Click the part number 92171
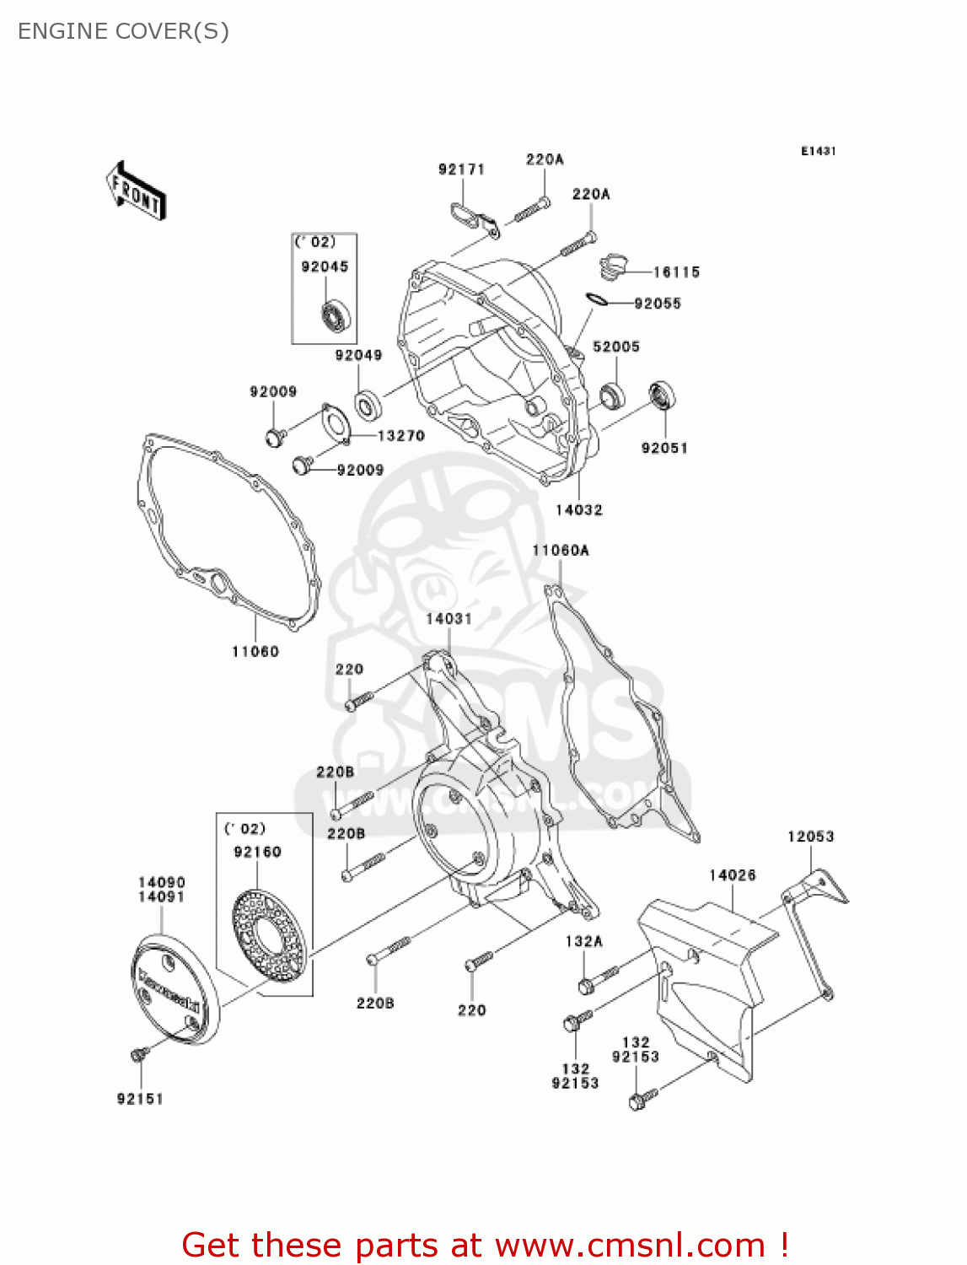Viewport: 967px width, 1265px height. (x=461, y=170)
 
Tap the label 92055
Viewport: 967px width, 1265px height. (x=658, y=304)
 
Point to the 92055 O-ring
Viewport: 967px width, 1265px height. (x=596, y=299)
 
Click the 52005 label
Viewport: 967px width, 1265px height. (x=616, y=347)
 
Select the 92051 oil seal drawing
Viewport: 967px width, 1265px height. (x=663, y=396)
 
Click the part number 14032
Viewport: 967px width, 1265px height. (x=579, y=509)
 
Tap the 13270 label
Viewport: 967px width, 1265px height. (x=400, y=436)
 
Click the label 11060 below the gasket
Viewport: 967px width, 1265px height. (x=255, y=651)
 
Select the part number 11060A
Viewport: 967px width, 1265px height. (x=561, y=551)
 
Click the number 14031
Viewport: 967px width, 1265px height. (x=449, y=619)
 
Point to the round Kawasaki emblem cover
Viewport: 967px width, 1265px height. (x=175, y=989)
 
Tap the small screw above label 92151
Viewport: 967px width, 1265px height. (x=139, y=1054)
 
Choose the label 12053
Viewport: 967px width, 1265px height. (x=810, y=837)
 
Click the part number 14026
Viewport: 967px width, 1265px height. (x=733, y=875)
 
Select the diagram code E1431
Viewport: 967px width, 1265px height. (x=818, y=151)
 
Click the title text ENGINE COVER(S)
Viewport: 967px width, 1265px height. (x=123, y=31)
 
